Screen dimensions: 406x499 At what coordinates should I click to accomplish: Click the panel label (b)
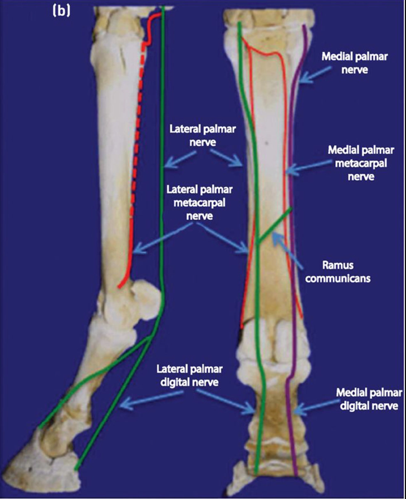(61, 11)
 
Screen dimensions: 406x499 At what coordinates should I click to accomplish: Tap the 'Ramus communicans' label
(340, 269)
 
